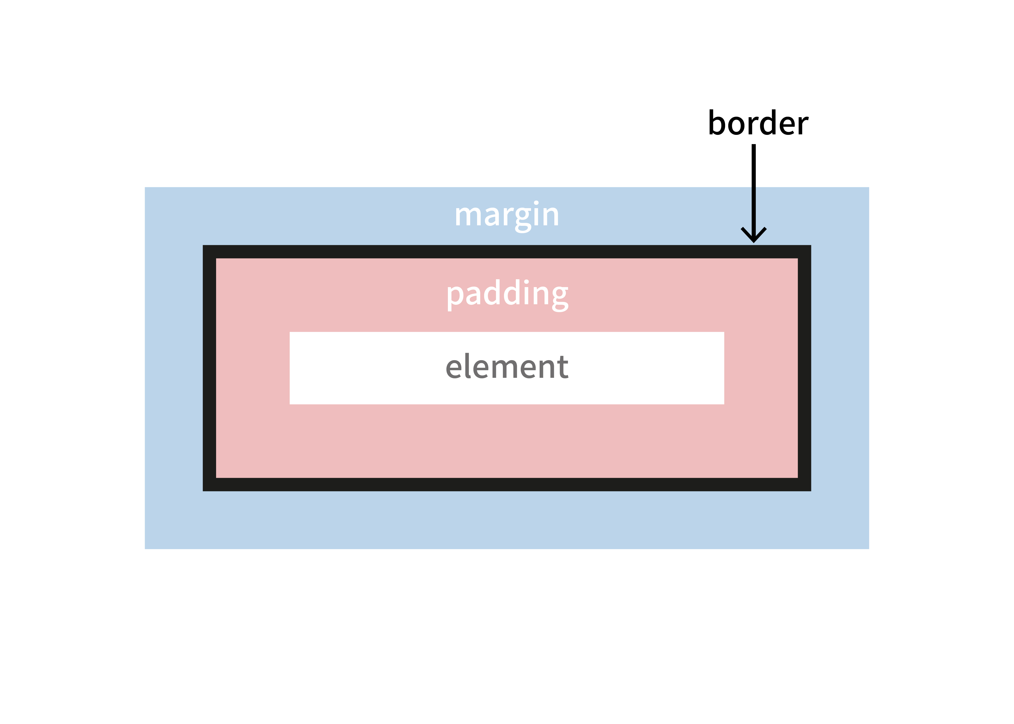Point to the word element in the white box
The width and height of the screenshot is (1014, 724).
507,367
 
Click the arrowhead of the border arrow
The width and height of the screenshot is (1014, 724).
754,236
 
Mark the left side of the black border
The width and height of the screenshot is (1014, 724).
209,368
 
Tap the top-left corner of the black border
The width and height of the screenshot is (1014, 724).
209,252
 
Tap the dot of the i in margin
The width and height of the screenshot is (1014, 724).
536,203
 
